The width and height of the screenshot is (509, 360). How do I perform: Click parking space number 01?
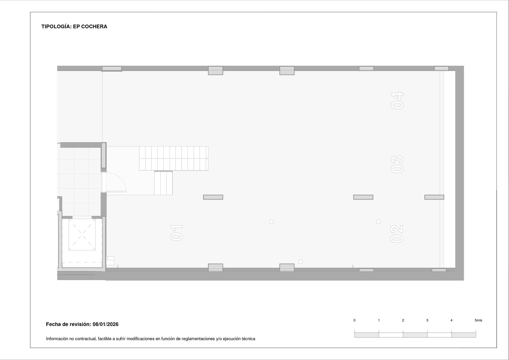coord(176,233)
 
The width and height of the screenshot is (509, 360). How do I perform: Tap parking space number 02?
coord(397,234)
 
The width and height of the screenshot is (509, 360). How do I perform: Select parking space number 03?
coord(397,164)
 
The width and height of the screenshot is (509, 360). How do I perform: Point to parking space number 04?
coord(397,100)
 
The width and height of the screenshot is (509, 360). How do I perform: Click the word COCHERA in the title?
coord(94,27)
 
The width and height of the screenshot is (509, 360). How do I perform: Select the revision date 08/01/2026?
coord(105,324)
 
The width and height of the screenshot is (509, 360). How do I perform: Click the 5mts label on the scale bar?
coord(478,320)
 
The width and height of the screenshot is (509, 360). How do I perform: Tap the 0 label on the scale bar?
coord(354,320)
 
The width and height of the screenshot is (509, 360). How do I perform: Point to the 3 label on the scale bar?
coord(427,320)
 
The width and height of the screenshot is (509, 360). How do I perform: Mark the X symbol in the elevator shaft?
coord(82,234)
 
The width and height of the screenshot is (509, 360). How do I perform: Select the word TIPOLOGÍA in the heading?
coord(56,27)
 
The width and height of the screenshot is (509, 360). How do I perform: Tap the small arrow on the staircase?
coord(207,158)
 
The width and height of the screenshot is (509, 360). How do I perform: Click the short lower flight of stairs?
coord(164,183)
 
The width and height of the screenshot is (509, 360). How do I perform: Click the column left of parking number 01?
coord(213,197)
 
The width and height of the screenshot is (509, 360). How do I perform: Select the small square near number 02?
coord(379,222)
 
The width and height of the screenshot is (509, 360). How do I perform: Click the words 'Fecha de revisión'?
coord(68,324)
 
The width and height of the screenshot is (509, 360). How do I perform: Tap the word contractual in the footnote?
coord(86,339)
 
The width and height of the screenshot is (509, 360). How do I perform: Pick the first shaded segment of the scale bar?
coord(367,335)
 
